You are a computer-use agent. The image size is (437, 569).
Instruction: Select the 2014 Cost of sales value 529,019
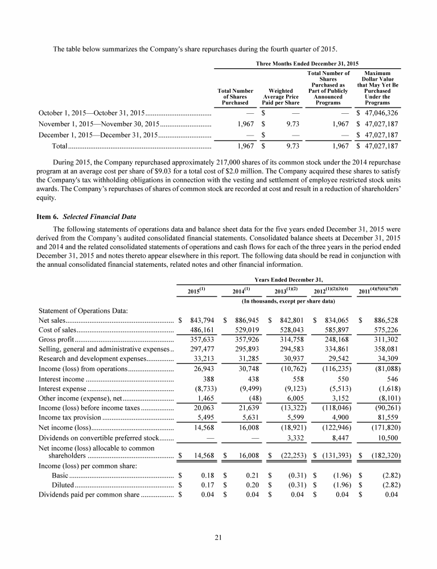pyautogui.click(x=245, y=330)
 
